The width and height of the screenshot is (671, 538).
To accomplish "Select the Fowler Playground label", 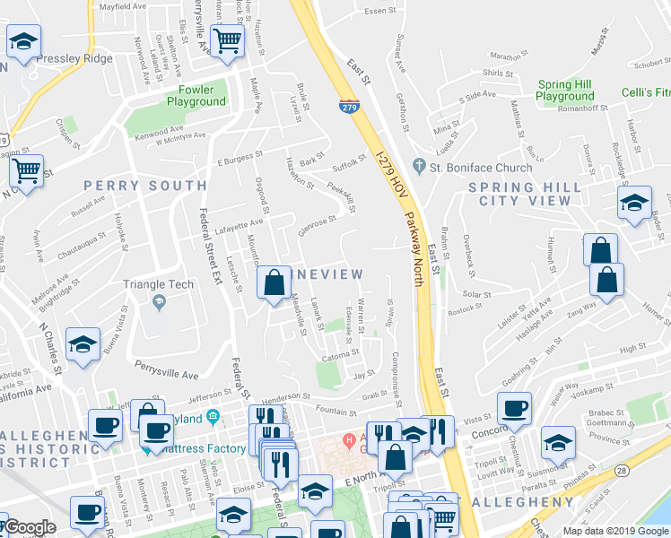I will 196,95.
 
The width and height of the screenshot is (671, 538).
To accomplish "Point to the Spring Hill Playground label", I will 565,91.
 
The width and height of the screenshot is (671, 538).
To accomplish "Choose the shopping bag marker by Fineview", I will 274,284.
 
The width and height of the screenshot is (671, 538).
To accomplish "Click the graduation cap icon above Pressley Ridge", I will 23,40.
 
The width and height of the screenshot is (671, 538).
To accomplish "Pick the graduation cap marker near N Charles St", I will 83,346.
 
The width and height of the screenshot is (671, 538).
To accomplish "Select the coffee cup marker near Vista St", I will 514,409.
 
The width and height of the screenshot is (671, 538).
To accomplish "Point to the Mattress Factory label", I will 196,448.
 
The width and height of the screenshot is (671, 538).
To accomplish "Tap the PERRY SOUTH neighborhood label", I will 145,186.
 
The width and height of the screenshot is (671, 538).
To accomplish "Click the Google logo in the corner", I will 29,527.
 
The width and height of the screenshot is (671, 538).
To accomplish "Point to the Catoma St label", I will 342,356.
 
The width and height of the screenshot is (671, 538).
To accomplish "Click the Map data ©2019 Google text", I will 614,531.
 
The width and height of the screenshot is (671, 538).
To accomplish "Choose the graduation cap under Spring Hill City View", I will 634,204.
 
